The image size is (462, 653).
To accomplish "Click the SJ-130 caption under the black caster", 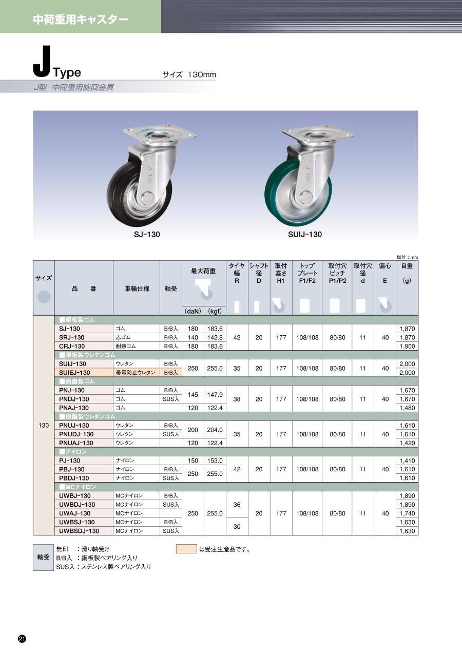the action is click(147, 235).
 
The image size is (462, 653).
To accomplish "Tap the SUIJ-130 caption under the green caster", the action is click(305, 235).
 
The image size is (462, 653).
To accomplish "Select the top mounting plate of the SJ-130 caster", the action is click(160, 135).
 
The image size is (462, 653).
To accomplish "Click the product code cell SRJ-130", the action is click(72, 338).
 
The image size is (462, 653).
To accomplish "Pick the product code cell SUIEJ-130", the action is click(74, 373).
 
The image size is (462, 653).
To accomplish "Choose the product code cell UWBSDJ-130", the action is click(79, 531).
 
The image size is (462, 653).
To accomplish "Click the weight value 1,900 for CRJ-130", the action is click(407, 347).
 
